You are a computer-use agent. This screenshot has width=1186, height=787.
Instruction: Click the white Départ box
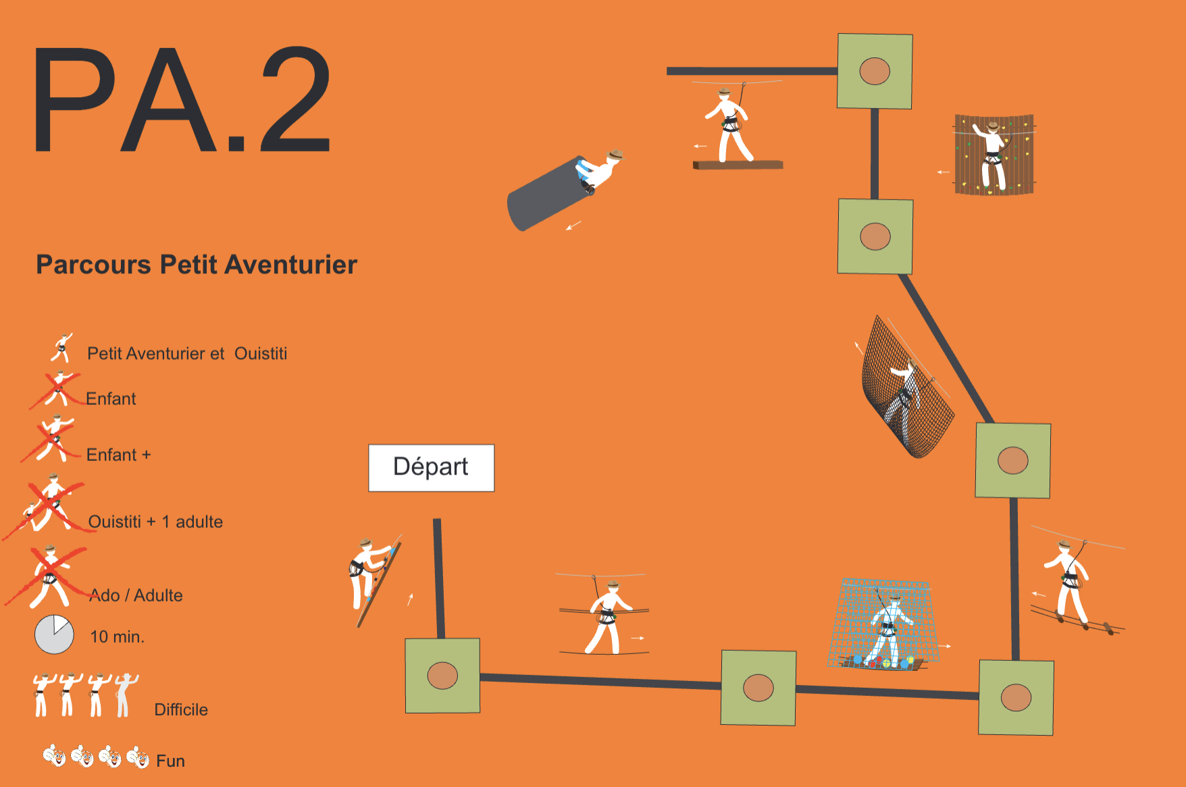pos(431,468)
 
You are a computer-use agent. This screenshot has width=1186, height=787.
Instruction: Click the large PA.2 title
pos(182,100)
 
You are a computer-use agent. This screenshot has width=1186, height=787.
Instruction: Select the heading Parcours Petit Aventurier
pos(197,265)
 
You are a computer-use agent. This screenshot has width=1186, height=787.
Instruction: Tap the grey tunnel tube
pos(548,195)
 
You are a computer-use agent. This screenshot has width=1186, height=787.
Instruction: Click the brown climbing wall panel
pos(994,155)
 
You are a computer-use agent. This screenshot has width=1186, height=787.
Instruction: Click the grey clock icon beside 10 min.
pos(54,634)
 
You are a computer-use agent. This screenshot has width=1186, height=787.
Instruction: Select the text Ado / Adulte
pos(136,595)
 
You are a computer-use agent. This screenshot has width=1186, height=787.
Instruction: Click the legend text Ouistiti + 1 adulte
pos(155,522)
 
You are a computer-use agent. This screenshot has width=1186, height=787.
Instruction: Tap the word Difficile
pos(181,709)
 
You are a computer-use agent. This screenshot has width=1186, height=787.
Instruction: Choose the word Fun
pos(170,761)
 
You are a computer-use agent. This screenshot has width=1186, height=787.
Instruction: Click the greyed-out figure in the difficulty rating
pos(126,695)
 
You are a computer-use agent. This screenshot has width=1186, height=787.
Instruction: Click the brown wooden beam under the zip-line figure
pos(738,165)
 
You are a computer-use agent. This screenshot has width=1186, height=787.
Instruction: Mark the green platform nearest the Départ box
pos(442,676)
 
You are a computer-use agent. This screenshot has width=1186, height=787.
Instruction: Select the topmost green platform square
pos(875,71)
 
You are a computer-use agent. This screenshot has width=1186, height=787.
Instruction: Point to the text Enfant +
pos(118,455)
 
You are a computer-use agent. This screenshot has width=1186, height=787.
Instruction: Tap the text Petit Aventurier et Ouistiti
pos(187,354)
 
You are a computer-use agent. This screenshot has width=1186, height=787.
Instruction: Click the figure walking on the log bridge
pos(1069,582)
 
